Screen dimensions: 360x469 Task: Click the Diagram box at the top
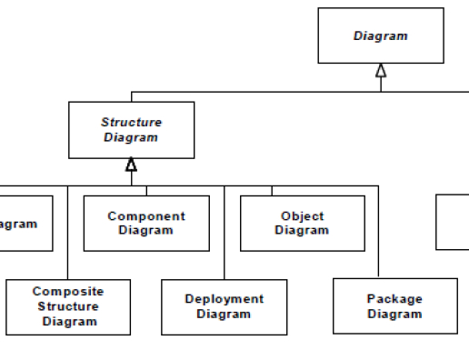pos(380,35)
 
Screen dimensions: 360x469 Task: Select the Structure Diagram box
pos(131,130)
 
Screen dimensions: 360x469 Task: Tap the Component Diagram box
pos(145,223)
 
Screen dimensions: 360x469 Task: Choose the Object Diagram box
pos(302,223)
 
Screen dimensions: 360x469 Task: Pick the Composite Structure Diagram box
pos(68,306)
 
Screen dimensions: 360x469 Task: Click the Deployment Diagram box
pos(224,306)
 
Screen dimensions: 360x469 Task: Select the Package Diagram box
pos(394,306)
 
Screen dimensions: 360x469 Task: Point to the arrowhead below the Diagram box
pos(381,71)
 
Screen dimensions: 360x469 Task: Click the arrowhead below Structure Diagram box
pos(131,165)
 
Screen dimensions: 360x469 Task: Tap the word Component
pos(145,216)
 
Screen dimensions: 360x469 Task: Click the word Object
pos(302,216)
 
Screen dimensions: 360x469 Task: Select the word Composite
pos(68,292)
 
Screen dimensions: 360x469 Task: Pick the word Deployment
pos(224,299)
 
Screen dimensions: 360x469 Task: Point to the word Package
pos(394,299)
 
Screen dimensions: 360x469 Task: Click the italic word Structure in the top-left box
pos(131,123)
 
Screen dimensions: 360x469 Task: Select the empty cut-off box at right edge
pos(453,221)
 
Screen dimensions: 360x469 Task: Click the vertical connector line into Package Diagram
pos(378,232)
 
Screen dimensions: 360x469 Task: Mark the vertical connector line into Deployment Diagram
pos(224,232)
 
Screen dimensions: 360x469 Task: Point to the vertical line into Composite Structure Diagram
pos(67,232)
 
